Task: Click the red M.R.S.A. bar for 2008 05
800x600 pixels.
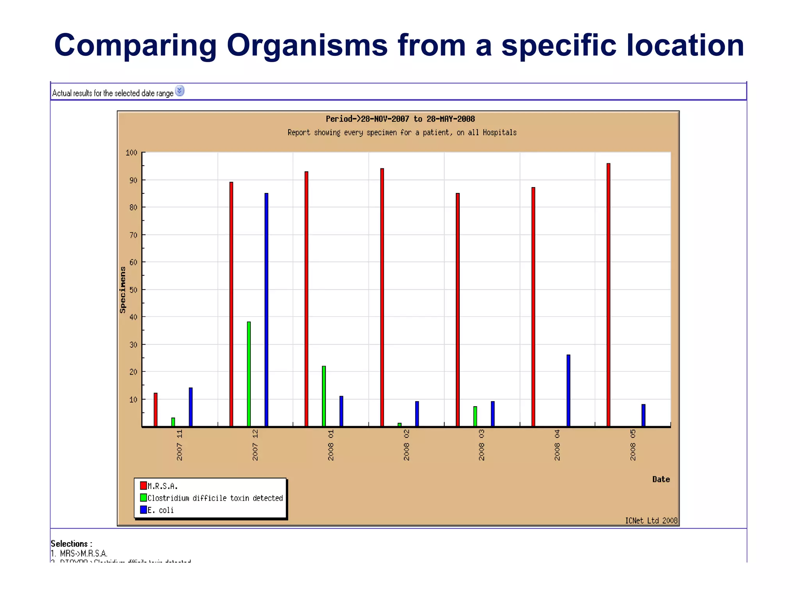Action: point(608,295)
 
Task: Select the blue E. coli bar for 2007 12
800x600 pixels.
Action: point(266,309)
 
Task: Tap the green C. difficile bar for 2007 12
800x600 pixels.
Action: point(249,374)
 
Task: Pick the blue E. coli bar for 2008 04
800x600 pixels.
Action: point(568,390)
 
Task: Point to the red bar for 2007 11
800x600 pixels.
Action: point(155,409)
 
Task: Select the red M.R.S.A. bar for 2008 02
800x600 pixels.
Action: point(382,297)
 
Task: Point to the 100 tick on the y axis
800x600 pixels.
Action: point(132,152)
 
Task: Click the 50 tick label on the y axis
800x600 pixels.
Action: point(133,289)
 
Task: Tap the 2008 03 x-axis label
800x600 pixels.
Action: point(482,445)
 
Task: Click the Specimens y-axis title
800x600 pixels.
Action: point(123,289)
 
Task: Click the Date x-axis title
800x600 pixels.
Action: point(661,479)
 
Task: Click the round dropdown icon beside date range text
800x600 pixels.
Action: point(179,91)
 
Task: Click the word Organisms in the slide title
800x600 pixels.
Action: point(307,45)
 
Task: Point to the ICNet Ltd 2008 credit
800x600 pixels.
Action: point(651,520)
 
